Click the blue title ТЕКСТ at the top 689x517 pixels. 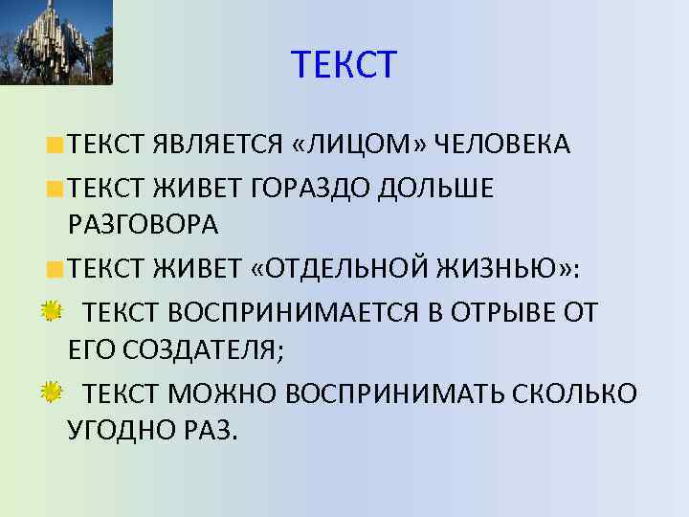pyautogui.click(x=344, y=65)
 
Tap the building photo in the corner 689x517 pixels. pyautogui.click(x=56, y=42)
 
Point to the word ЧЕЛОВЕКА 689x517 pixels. pyautogui.click(x=502, y=145)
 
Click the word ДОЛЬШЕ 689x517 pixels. pyautogui.click(x=435, y=189)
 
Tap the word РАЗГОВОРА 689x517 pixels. pyautogui.click(x=144, y=225)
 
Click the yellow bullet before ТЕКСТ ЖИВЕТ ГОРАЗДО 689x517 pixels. pyautogui.click(x=56, y=190)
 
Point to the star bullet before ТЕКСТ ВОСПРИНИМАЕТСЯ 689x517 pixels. pyautogui.click(x=52, y=310)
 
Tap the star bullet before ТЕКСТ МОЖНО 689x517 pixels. pyautogui.click(x=52, y=391)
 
